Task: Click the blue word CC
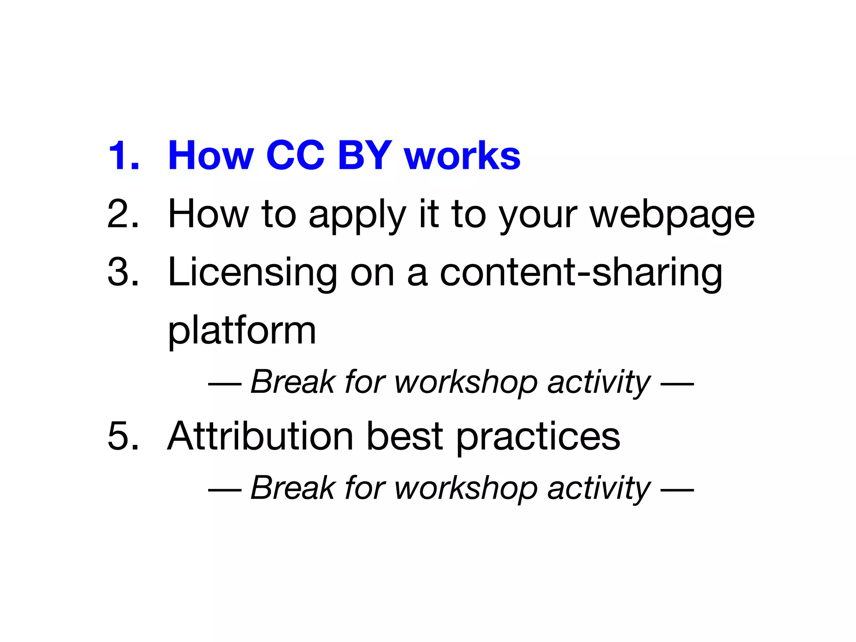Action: point(295,155)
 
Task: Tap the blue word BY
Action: point(365,155)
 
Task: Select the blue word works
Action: point(462,156)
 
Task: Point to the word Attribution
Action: point(261,436)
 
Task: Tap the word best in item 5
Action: point(405,436)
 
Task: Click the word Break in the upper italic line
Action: point(293,382)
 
